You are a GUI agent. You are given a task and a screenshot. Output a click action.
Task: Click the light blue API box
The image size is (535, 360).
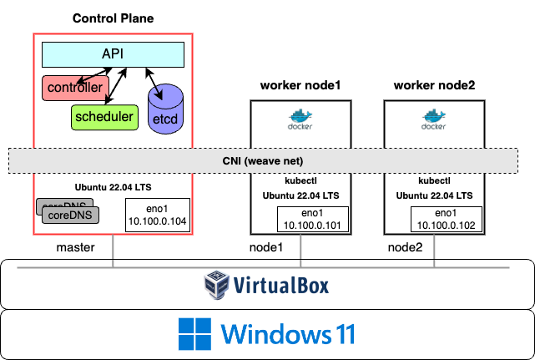[x=113, y=54]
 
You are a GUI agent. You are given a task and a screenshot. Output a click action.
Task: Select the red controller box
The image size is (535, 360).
[x=74, y=87]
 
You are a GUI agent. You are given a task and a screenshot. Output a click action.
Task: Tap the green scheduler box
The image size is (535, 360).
[x=103, y=117]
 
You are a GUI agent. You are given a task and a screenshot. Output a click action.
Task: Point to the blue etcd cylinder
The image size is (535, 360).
[x=165, y=112]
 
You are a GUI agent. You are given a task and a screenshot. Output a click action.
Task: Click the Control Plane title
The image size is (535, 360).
[x=113, y=18]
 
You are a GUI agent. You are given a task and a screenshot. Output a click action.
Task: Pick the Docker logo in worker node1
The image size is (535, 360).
[x=300, y=120]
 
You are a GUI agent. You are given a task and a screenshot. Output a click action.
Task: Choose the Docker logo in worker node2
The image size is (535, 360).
[x=432, y=120]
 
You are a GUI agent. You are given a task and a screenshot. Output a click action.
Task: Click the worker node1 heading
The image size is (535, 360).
[x=300, y=84]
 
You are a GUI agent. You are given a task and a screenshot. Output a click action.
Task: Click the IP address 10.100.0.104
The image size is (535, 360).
[x=158, y=221]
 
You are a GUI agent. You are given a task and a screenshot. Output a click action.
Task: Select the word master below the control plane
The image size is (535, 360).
[x=76, y=247]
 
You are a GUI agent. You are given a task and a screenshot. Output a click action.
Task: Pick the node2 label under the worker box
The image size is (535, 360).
[x=405, y=247]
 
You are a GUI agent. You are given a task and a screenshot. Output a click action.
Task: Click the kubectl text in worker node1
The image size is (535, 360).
[x=299, y=180]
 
